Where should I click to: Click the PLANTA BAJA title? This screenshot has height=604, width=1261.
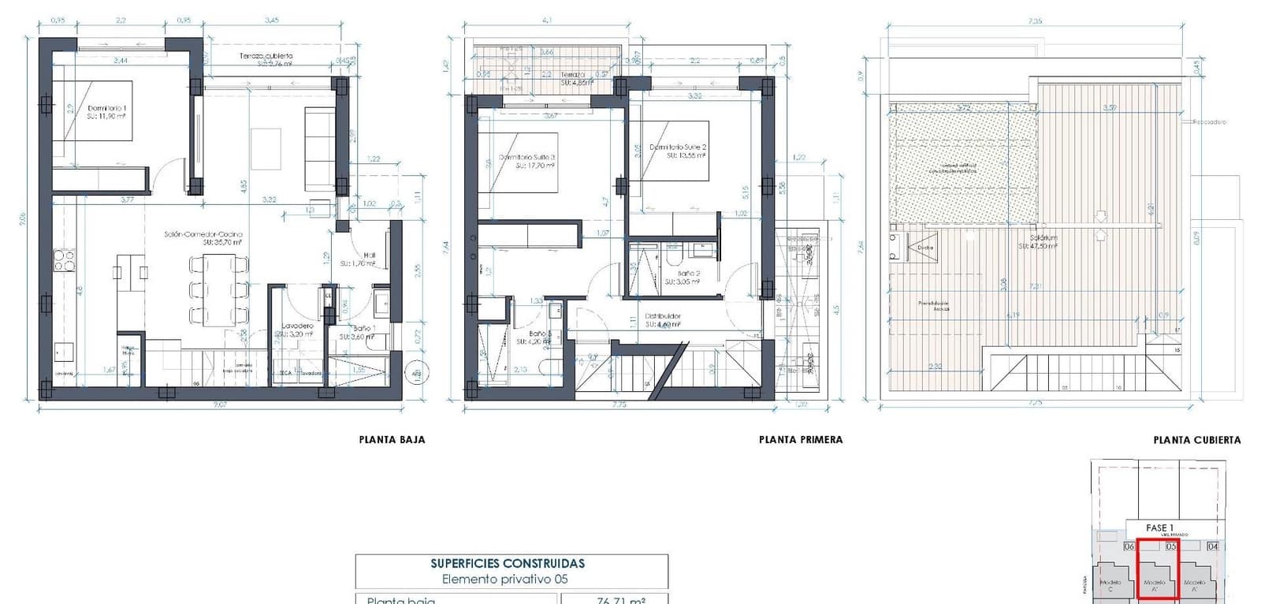(x=392, y=440)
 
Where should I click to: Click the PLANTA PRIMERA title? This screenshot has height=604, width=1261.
(x=801, y=440)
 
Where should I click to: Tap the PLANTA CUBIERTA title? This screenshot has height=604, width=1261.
(x=1196, y=440)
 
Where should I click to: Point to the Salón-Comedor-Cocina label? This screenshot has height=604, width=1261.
(x=203, y=234)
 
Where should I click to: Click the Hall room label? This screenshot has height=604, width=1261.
(x=369, y=255)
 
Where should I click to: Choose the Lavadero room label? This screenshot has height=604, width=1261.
(x=298, y=326)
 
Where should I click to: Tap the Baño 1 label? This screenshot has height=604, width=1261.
(x=363, y=328)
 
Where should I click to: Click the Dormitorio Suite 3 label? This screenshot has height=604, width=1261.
(x=527, y=158)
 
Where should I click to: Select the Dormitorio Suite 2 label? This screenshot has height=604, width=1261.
(x=678, y=147)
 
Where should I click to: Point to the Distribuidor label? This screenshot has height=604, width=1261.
(x=663, y=316)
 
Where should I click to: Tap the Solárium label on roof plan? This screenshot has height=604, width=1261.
(x=1043, y=237)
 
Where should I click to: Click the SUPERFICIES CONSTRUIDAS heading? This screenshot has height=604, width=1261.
(x=508, y=563)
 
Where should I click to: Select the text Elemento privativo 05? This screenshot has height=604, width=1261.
(x=504, y=579)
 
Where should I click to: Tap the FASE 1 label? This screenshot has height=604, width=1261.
(x=1159, y=528)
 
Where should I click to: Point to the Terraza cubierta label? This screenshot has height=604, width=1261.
(x=266, y=56)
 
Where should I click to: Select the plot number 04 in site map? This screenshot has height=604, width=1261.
(x=1212, y=546)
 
